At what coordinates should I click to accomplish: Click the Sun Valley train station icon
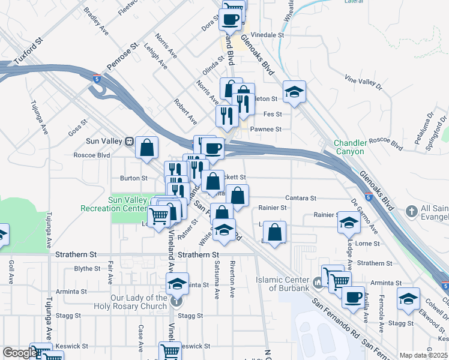click(129, 142)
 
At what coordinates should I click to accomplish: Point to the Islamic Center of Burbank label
click(282, 283)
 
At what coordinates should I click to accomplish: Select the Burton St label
click(133, 178)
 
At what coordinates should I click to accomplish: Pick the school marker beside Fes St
click(294, 92)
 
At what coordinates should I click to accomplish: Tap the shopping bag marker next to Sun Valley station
click(146, 146)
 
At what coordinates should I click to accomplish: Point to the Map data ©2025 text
click(423, 355)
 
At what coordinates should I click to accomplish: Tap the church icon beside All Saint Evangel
click(411, 211)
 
